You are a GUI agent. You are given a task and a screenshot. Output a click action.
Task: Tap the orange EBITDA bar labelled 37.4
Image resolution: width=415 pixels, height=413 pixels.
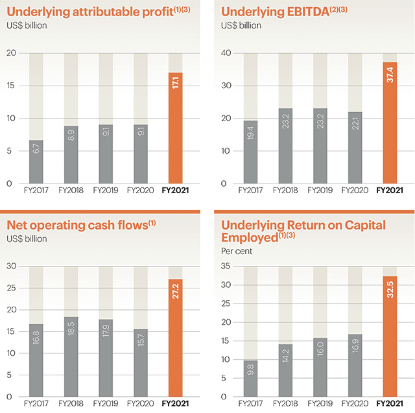point(389,123)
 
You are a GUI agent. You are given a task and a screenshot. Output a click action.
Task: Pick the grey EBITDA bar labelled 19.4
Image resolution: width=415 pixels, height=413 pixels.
point(250,152)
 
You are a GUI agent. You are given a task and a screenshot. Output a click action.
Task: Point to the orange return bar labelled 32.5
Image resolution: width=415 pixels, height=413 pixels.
point(389,336)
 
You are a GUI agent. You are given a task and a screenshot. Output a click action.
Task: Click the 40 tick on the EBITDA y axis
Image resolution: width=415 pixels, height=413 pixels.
point(226,53)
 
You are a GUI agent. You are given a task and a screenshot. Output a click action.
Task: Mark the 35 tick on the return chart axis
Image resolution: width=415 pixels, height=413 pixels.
point(226,266)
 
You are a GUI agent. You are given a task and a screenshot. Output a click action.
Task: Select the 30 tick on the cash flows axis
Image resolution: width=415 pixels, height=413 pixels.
point(10,266)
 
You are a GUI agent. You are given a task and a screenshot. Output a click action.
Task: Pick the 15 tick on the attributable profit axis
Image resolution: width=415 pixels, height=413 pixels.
point(10,86)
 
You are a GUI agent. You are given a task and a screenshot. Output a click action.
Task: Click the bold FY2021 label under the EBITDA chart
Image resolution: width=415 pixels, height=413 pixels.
point(389,191)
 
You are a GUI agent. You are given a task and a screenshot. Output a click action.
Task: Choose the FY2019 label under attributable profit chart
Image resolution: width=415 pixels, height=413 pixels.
point(106,191)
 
